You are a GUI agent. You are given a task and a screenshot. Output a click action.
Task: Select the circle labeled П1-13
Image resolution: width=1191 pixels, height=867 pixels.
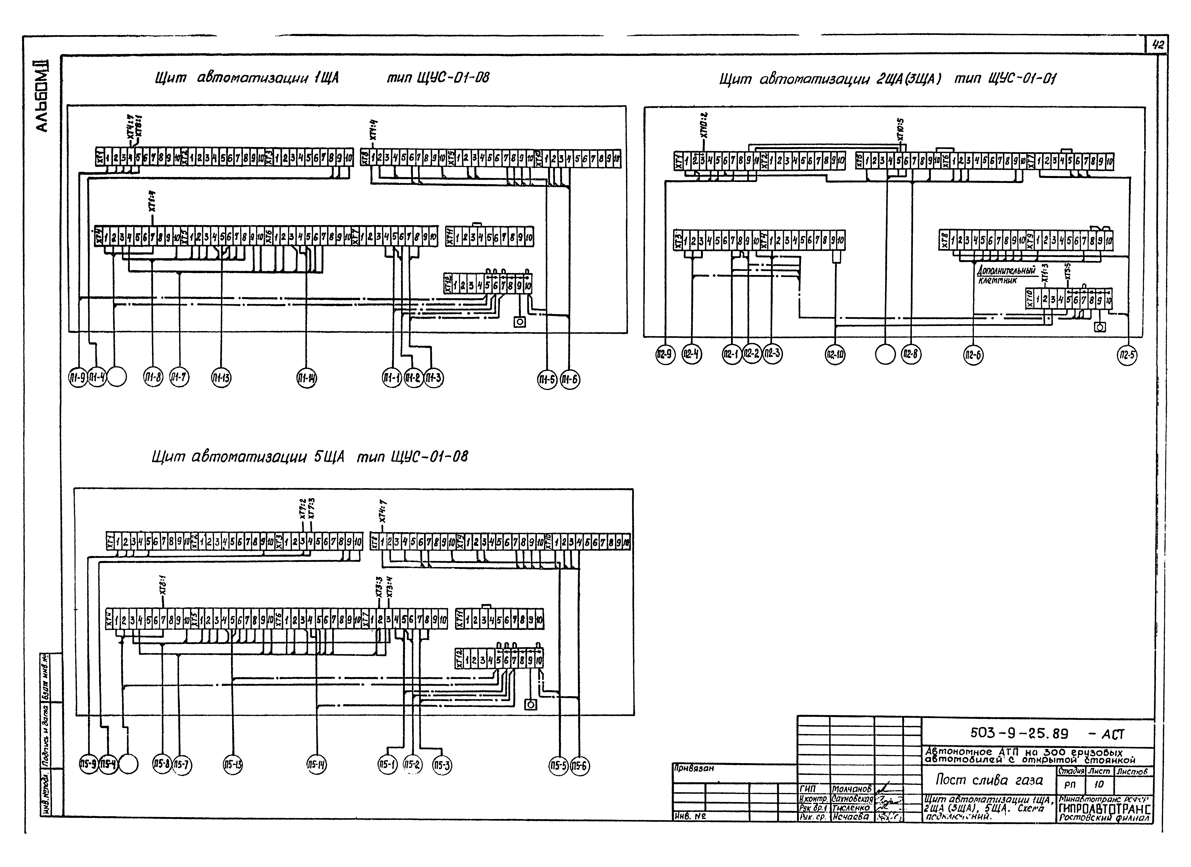click(221, 378)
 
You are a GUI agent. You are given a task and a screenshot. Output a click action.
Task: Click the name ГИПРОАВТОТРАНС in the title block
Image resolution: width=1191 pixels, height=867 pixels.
click(1105, 809)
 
